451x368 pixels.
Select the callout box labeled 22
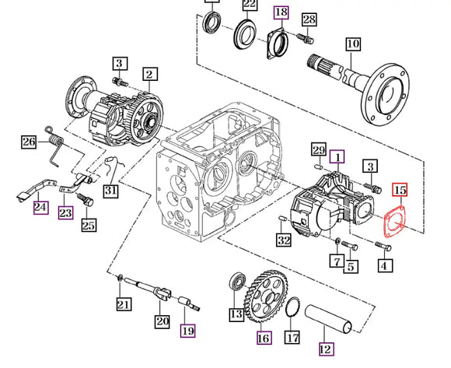(x=250, y=6)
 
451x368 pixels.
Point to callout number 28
(x=309, y=19)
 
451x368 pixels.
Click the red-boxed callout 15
(x=399, y=189)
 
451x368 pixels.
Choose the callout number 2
(x=149, y=75)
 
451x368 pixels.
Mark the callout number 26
(x=29, y=142)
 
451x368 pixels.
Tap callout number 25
(x=89, y=226)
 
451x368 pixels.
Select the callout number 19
(x=188, y=331)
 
